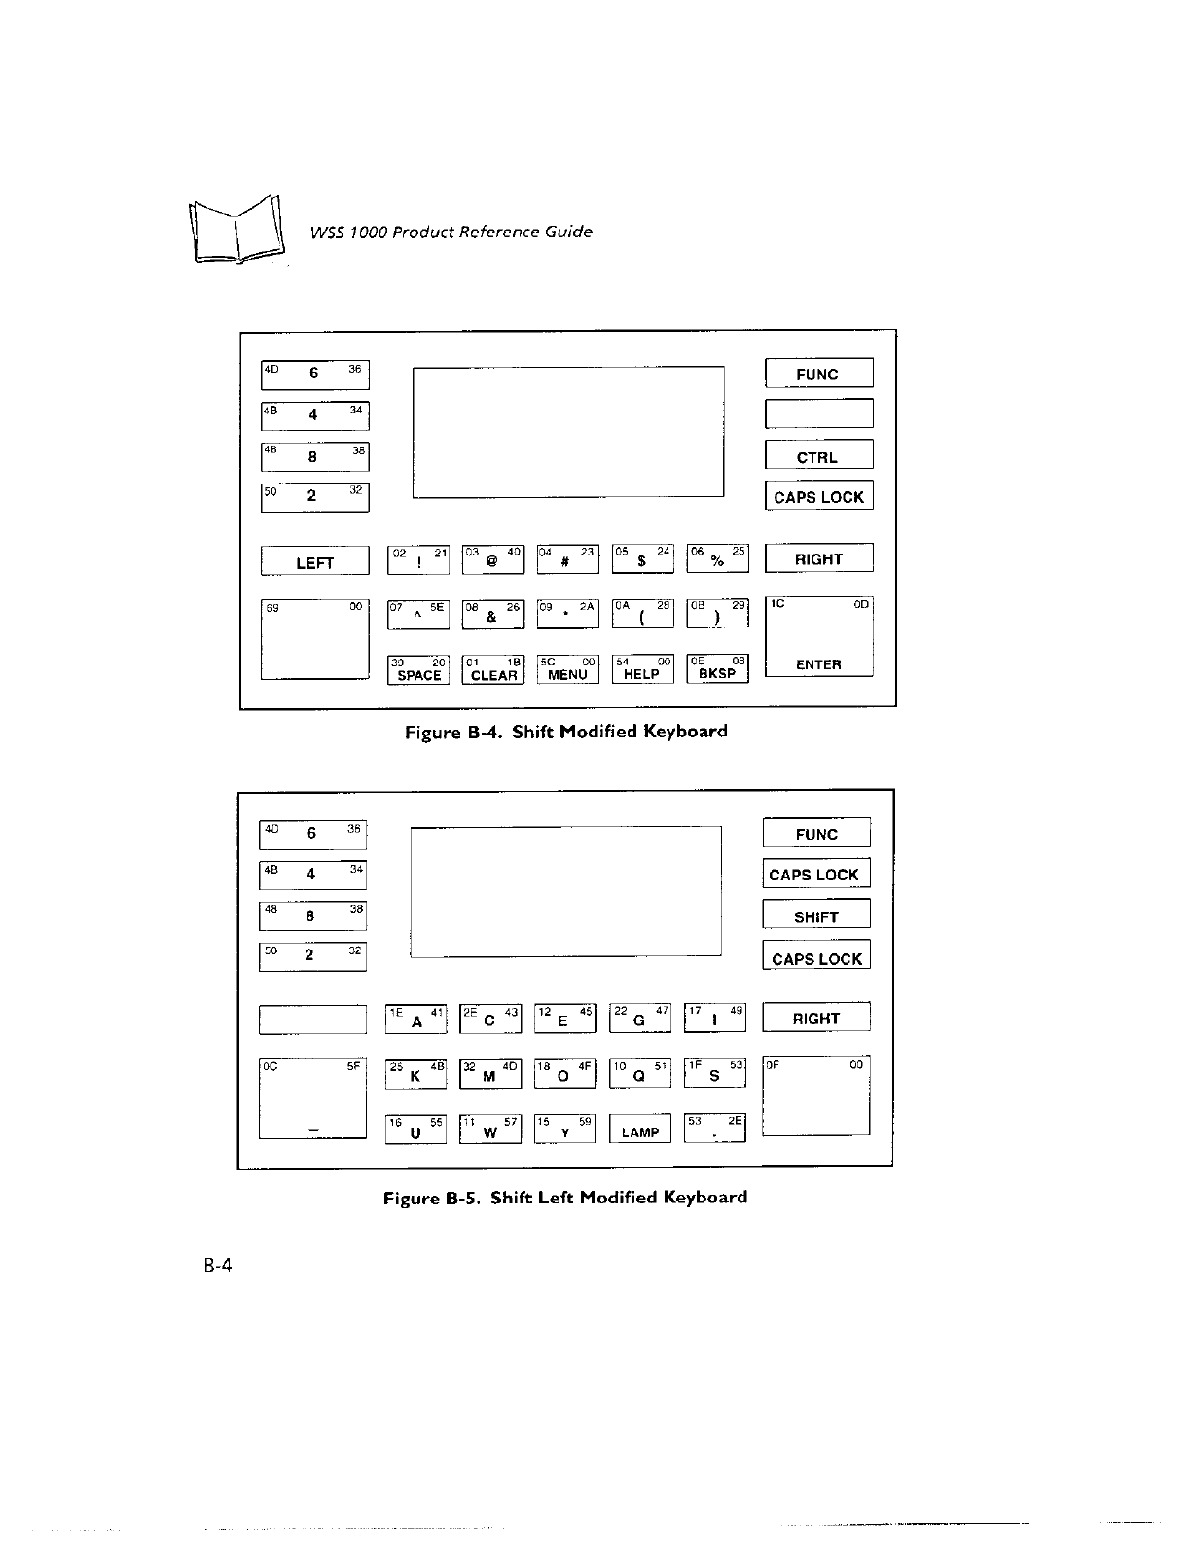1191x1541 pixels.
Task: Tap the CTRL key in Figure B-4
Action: (x=818, y=456)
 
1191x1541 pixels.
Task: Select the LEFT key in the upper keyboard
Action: (x=314, y=561)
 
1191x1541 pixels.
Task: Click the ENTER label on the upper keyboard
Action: (x=818, y=664)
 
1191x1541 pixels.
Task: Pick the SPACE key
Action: (x=418, y=670)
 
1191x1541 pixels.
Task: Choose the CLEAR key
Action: (x=493, y=670)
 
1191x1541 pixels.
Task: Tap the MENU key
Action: (x=568, y=670)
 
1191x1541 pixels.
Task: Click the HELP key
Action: (x=642, y=670)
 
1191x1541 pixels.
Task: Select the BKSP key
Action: (x=718, y=670)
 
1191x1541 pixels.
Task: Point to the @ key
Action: (x=492, y=559)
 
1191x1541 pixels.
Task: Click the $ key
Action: (x=642, y=559)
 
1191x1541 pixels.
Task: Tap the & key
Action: (x=492, y=614)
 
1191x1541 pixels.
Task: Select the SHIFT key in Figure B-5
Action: (x=815, y=915)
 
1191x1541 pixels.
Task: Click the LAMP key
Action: (x=639, y=1129)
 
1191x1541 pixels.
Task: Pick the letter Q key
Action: (x=639, y=1073)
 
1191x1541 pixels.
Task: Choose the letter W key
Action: (x=489, y=1129)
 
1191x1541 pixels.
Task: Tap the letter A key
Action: (x=416, y=1019)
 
